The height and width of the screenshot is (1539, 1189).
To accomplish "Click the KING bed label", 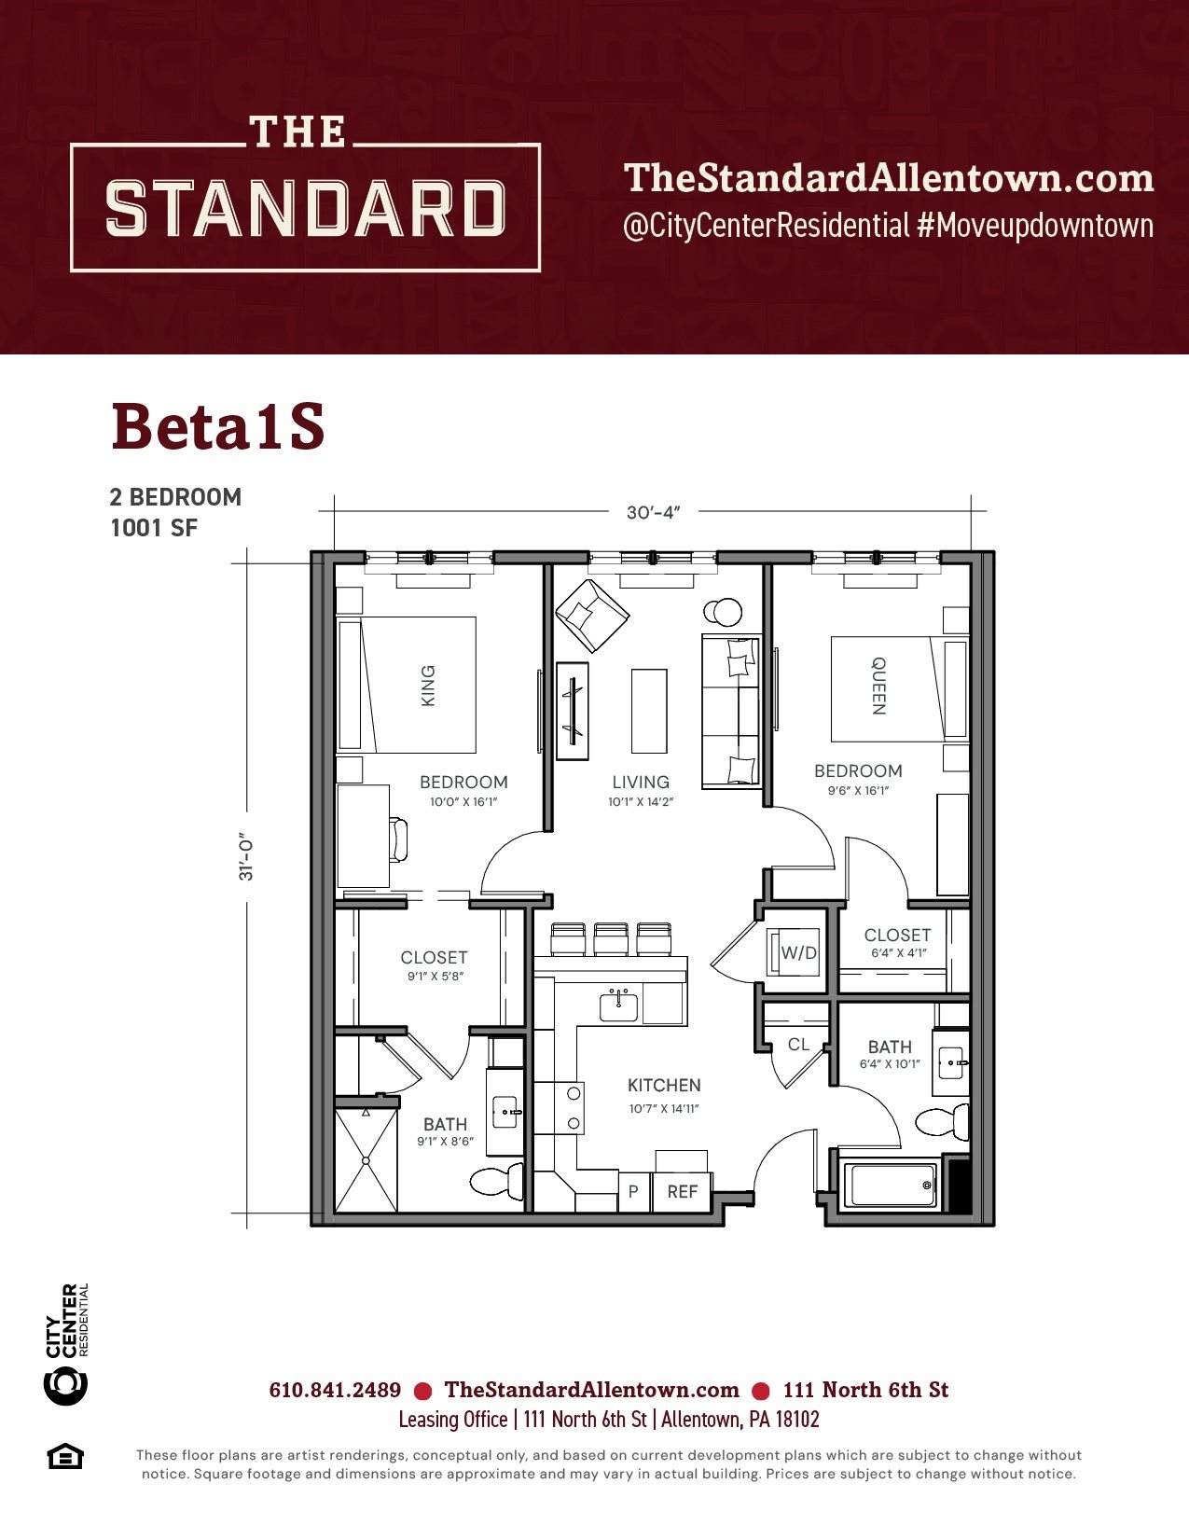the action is [x=428, y=685].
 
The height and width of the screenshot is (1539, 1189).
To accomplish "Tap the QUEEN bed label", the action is [x=878, y=686].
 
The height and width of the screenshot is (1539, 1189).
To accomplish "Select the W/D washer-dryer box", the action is [x=794, y=952].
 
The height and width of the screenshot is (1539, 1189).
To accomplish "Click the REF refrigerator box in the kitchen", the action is [x=682, y=1191].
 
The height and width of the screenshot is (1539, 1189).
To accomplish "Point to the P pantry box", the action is [x=634, y=1192].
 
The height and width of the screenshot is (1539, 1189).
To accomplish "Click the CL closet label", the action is [x=798, y=1044].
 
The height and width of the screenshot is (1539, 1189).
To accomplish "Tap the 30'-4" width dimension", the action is [x=653, y=512].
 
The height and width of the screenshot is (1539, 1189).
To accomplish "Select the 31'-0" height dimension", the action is [x=246, y=860].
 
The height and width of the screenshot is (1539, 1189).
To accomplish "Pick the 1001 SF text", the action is [x=154, y=528].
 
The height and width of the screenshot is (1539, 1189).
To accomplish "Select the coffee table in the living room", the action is [x=649, y=711].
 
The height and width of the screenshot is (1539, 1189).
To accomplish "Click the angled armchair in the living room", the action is [x=592, y=615].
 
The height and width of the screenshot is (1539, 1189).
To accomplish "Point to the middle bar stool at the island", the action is [x=611, y=938].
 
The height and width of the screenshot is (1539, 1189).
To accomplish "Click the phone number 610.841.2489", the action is [x=335, y=1390].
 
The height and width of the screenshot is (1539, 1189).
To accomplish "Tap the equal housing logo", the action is [x=65, y=1457].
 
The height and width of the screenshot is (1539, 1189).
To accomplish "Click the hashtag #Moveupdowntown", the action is [x=1034, y=226].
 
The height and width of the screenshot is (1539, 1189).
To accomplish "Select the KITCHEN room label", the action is [x=664, y=1085].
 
